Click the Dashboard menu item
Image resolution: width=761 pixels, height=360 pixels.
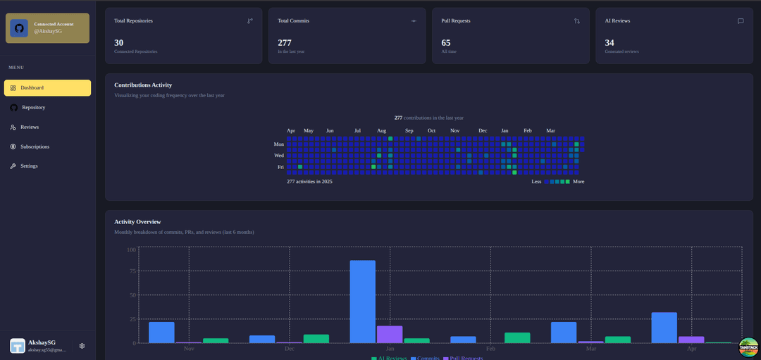[x=47, y=88]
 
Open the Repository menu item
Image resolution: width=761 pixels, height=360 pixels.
[x=33, y=108]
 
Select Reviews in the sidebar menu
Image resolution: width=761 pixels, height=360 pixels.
[x=30, y=128]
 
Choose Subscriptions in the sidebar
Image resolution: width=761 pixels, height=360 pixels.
[x=35, y=147]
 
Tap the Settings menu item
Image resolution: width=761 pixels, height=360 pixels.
[x=29, y=166]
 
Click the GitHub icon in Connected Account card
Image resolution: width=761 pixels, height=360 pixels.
[x=19, y=28]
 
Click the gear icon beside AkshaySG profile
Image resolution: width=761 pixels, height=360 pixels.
[x=82, y=346]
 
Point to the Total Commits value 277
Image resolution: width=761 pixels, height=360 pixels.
[x=285, y=43]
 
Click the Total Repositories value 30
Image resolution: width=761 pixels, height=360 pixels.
[x=119, y=43]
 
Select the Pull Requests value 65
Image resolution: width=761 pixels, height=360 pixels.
[x=446, y=43]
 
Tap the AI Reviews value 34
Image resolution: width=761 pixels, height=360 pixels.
[x=610, y=43]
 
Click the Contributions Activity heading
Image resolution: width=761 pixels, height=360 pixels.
[x=143, y=85]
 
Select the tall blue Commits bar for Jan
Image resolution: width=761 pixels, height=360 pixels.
[x=363, y=302]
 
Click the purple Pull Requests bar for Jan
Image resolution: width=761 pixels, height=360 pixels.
[x=390, y=334]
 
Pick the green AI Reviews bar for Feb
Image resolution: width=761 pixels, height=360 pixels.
[x=517, y=337]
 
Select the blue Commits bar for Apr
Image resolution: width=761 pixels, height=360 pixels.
[x=664, y=327]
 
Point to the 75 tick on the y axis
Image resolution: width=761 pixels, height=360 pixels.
[x=130, y=272]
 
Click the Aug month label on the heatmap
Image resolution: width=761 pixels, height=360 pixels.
[x=381, y=131]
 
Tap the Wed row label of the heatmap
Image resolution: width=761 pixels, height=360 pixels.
[x=279, y=156]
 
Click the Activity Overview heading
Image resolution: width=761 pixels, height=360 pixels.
[x=137, y=222]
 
